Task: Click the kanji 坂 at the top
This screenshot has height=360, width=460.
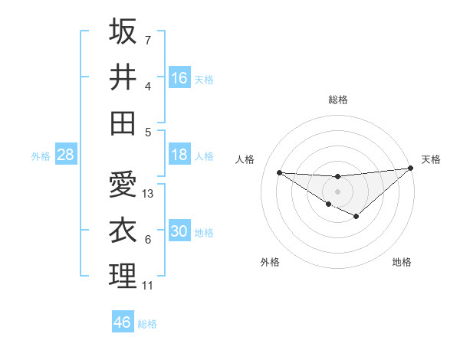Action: (x=123, y=32)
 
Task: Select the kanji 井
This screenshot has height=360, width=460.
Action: (x=123, y=77)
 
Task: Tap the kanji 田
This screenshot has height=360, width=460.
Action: (x=123, y=122)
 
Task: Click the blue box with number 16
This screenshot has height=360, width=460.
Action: (x=179, y=77)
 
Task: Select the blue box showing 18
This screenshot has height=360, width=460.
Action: (x=179, y=155)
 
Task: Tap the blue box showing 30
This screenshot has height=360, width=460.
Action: (x=179, y=231)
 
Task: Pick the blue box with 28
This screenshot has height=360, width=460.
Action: (x=65, y=155)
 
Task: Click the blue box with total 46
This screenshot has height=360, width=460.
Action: (x=123, y=322)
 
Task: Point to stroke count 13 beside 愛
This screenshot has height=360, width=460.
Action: (x=149, y=194)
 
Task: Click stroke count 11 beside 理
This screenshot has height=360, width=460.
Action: (x=148, y=286)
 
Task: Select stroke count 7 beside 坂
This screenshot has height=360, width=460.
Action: (x=148, y=40)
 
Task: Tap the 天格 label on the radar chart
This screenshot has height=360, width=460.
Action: (x=431, y=159)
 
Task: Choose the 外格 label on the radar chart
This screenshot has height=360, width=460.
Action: (x=270, y=262)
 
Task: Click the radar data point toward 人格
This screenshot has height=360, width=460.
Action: (x=279, y=172)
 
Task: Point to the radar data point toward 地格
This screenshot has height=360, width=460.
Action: (x=356, y=217)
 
